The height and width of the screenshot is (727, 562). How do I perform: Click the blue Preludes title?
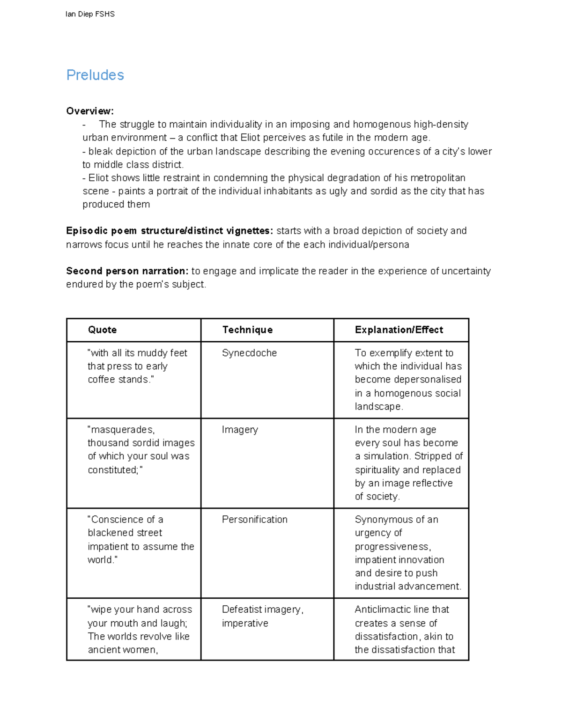pos(95,75)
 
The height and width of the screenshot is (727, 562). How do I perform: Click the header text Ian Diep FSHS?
pos(90,14)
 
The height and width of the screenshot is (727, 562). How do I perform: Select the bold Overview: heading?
pos(90,111)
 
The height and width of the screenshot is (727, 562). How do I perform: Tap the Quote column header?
pos(102,330)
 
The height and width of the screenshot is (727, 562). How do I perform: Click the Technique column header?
pos(247,330)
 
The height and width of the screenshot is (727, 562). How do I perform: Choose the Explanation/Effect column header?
pos(399,330)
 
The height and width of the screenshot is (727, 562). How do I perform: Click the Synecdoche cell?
pos(249,353)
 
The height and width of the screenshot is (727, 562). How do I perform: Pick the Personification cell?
pos(254,520)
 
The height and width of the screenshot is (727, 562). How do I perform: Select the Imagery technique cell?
pos(240,430)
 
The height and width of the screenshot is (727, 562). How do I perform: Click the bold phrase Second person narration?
pos(127,271)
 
